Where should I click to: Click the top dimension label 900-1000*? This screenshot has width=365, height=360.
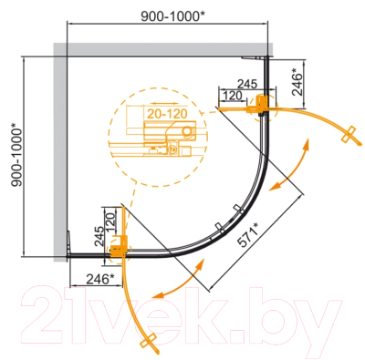[172, 16]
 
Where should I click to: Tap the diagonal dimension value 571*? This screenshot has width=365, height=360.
[247, 234]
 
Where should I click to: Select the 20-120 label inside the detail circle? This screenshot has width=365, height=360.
[167, 114]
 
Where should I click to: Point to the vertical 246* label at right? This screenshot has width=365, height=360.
[297, 82]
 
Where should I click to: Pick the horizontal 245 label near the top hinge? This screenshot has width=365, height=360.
[247, 84]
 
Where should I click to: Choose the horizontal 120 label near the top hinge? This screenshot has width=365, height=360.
[233, 96]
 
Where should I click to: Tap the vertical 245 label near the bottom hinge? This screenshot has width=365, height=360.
[99, 236]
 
